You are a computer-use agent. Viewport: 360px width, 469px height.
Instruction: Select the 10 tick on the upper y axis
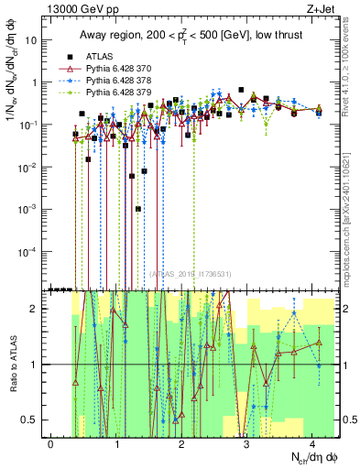coord(33,40)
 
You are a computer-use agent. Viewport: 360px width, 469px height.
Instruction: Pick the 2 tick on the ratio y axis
coord(37,309)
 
